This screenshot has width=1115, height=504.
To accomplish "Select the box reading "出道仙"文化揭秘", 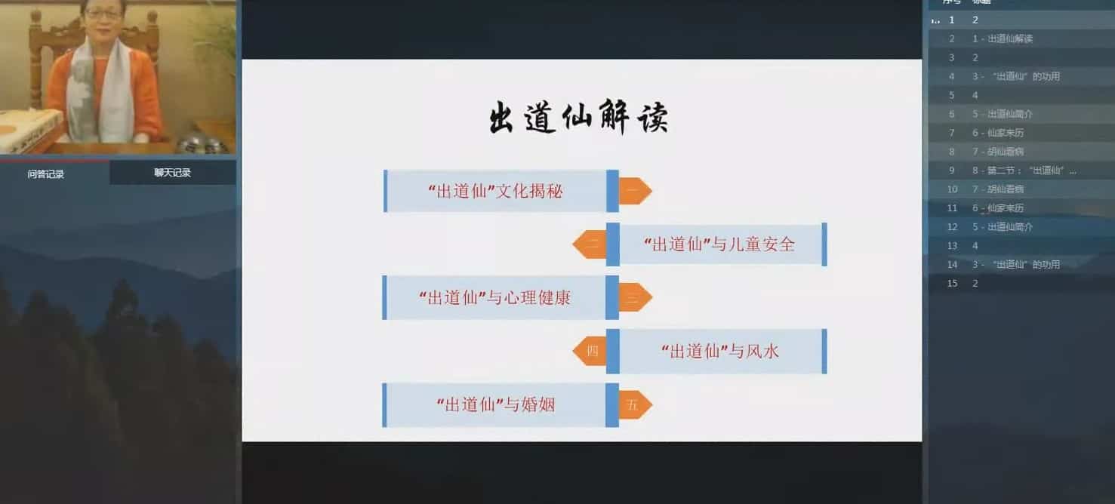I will pos(495,191).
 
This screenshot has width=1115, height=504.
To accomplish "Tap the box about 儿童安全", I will pos(719,244).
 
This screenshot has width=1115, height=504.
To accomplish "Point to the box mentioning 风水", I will pos(719,351).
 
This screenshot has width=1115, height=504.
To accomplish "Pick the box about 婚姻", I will pos(495,404).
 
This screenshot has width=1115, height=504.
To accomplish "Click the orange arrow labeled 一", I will pos(634,191).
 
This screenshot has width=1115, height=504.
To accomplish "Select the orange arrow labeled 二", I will pos(591,244).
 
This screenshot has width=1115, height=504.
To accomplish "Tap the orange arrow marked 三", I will pos(634,297).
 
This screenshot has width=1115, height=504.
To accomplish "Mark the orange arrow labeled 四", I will pos(591,351).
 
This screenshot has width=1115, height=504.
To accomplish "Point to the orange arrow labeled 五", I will pos(634,404).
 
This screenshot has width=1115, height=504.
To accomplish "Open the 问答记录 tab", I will pos(46,174).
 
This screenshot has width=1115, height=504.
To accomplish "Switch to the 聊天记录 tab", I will pos(172,173).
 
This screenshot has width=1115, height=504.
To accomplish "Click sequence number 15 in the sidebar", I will pos(952,283).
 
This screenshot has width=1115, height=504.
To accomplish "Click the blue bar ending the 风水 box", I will pos(824,351).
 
